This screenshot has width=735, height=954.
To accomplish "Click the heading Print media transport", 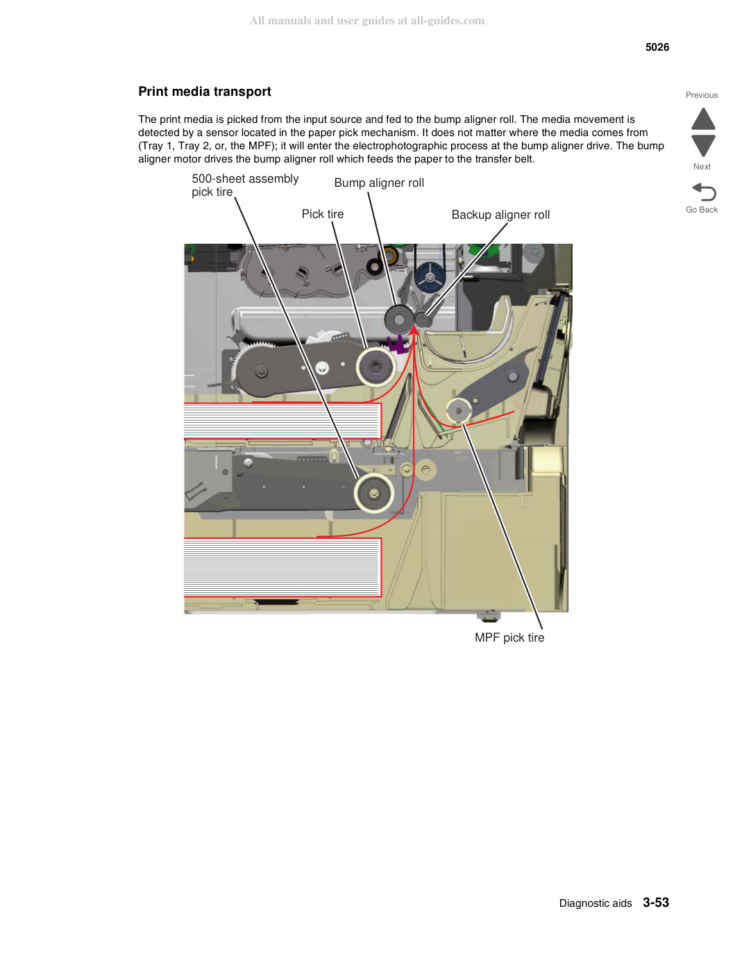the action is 205,92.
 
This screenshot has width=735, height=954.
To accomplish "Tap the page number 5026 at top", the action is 657,47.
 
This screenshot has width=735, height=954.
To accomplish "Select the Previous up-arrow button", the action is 703,119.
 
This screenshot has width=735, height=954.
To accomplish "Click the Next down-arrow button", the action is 703,146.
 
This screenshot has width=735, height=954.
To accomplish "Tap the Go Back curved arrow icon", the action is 704,192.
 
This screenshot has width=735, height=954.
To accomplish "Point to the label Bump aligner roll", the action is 379,183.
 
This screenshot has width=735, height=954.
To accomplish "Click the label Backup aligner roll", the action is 500,215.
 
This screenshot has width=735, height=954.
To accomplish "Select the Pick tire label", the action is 323,214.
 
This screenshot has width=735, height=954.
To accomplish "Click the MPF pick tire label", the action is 509,637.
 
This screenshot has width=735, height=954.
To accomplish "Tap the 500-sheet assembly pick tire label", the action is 245,185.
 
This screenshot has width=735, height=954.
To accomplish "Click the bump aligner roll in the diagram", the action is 399,319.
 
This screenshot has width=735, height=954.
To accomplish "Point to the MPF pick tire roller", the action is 459,411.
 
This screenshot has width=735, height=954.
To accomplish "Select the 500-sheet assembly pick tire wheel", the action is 374,494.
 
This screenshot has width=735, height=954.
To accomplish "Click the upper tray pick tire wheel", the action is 375,367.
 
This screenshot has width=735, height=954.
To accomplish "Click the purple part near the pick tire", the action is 398,344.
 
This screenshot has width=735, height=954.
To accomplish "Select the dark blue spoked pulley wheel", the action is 430,278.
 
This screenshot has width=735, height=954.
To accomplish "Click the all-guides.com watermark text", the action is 367,21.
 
